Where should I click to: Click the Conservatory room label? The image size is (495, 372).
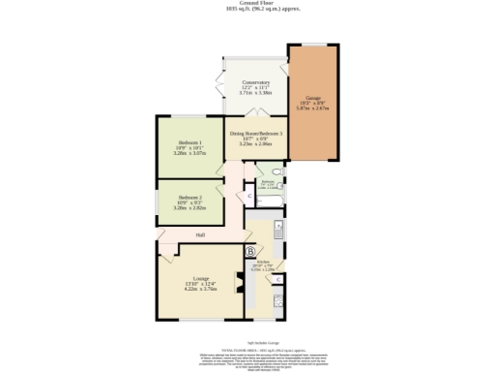pos(255,82)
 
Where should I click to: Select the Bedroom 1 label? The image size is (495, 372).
pos(188,141)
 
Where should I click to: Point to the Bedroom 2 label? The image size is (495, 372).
pos(188,197)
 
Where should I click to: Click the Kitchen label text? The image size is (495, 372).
pos(262,262)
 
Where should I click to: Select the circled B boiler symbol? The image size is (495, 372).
pos(251,251)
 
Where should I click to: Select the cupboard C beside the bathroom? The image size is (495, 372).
pos(249,198)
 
